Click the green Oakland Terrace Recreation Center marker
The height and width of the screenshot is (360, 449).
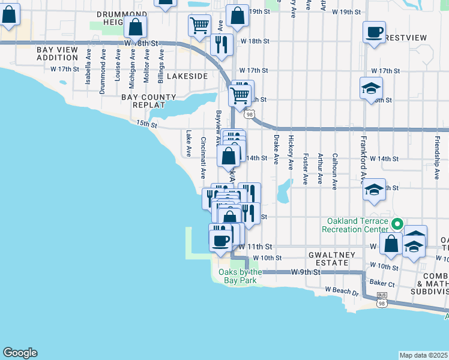[x=396, y=224]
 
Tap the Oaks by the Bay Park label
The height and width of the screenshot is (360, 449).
[x=237, y=276]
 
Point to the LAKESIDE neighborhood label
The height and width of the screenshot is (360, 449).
[x=187, y=76]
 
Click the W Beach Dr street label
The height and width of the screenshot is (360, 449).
[x=342, y=292]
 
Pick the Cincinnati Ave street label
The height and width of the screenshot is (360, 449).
[x=203, y=158]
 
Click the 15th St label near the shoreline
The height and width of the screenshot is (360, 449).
[x=146, y=124]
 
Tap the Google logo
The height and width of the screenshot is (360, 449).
[x=20, y=353]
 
